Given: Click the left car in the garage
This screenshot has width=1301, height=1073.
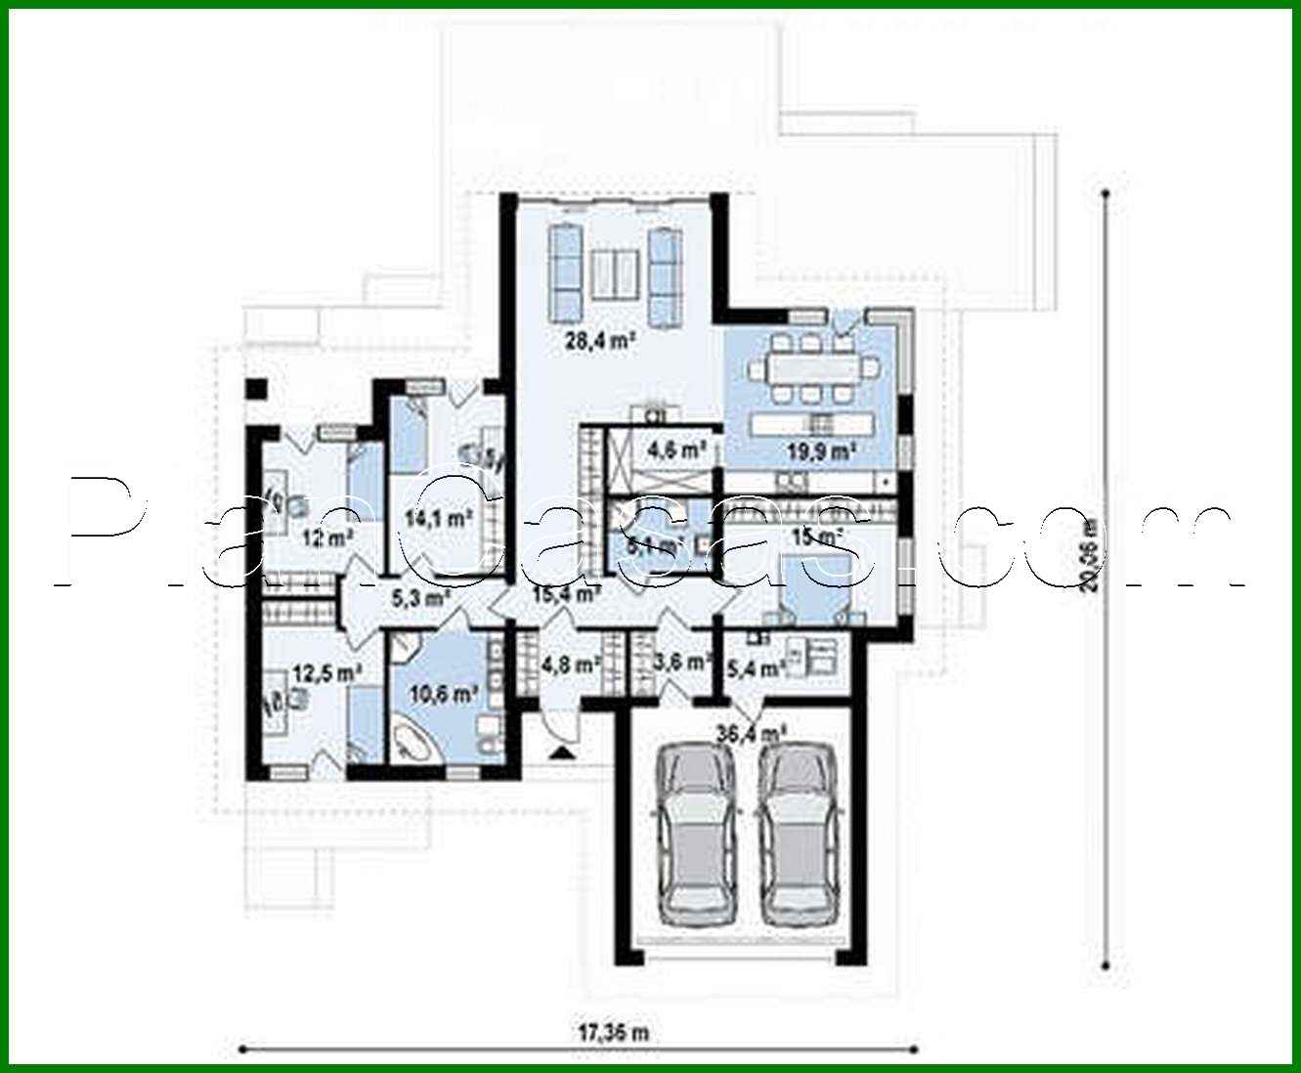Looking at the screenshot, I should (x=698, y=833).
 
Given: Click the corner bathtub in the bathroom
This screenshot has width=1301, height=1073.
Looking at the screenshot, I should (x=413, y=740).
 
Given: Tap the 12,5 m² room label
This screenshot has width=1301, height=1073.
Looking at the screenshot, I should (x=327, y=671).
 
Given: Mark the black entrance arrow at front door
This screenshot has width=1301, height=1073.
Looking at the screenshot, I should (x=563, y=751).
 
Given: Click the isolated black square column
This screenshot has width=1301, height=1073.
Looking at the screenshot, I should (x=256, y=388).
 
